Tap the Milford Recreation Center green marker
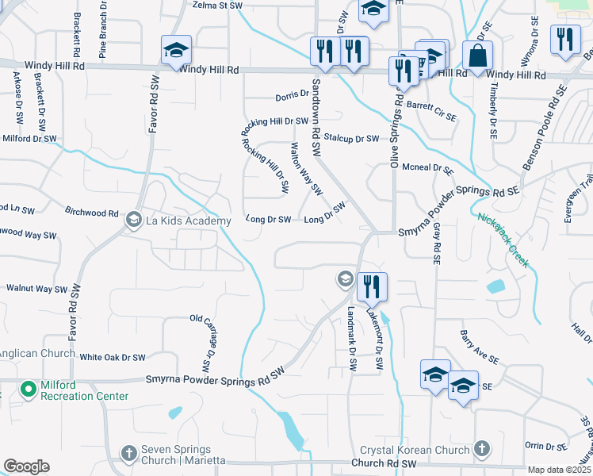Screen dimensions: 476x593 click(29, 390)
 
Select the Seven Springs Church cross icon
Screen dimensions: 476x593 click(128, 454)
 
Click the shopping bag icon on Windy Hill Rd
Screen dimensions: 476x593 click(476, 57)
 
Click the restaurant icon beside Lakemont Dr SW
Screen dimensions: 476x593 click(371, 287)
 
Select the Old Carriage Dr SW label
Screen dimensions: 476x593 click(201, 344)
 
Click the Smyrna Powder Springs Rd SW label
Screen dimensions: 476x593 click(214, 381)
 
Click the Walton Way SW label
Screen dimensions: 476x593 click(306, 169)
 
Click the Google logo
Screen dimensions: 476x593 click(26, 466)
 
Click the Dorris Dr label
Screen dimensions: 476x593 click(292, 95)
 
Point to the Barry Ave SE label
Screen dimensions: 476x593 click(479, 347)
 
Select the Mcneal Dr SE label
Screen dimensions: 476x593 click(427, 168)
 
